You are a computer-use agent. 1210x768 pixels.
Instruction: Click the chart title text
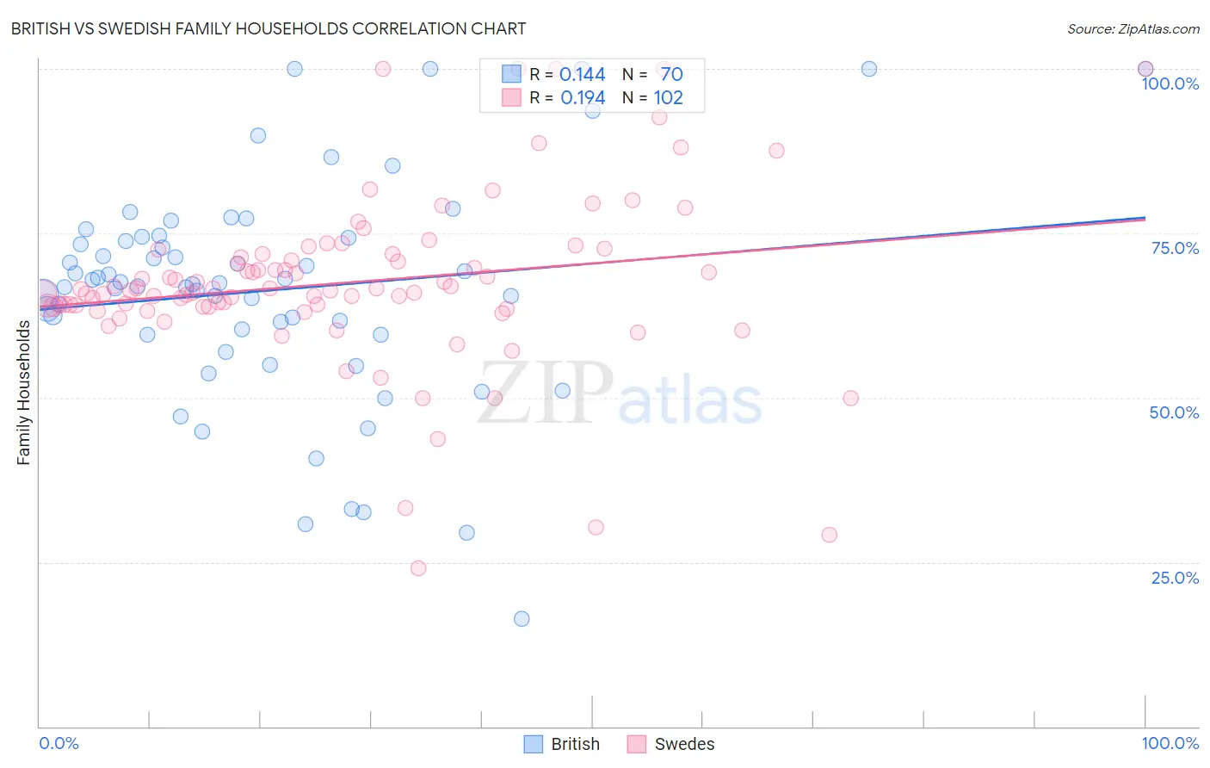(x=268, y=28)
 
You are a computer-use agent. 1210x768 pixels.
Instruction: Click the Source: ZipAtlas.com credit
(x=1133, y=29)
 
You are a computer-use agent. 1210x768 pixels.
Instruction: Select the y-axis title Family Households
(x=24, y=393)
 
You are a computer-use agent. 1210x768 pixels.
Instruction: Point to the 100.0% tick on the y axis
(x=1170, y=84)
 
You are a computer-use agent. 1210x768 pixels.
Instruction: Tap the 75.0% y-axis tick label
(x=1175, y=248)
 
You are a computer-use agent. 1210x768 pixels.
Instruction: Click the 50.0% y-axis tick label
(x=1174, y=412)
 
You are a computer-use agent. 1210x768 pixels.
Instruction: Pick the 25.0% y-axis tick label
(x=1175, y=578)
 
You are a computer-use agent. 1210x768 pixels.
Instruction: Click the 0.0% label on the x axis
(x=59, y=743)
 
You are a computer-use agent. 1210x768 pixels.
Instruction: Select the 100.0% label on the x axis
(x=1170, y=743)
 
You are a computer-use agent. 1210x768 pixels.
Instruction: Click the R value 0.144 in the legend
(x=583, y=75)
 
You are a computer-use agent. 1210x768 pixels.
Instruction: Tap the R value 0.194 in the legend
(x=583, y=98)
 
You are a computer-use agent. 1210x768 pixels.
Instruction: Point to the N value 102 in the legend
(x=668, y=98)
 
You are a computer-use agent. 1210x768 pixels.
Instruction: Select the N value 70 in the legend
(x=671, y=75)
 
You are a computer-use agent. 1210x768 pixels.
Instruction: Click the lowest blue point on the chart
(x=522, y=619)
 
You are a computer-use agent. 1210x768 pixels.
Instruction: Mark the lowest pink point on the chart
(x=418, y=568)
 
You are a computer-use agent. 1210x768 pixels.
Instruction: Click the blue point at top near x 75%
(x=869, y=69)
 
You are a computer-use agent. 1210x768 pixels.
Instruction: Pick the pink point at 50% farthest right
(x=850, y=398)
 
